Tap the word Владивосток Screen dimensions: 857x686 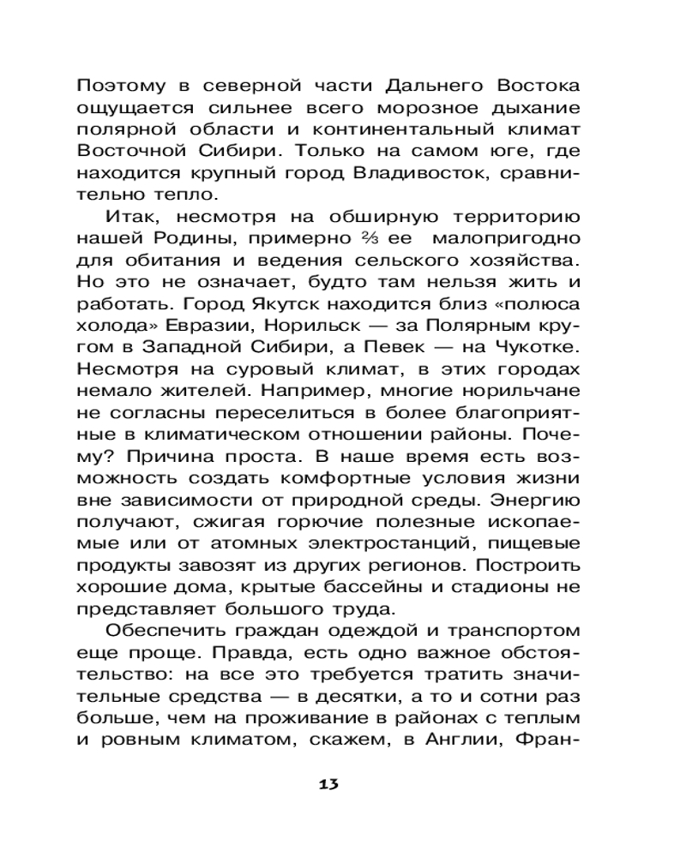click(448, 175)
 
